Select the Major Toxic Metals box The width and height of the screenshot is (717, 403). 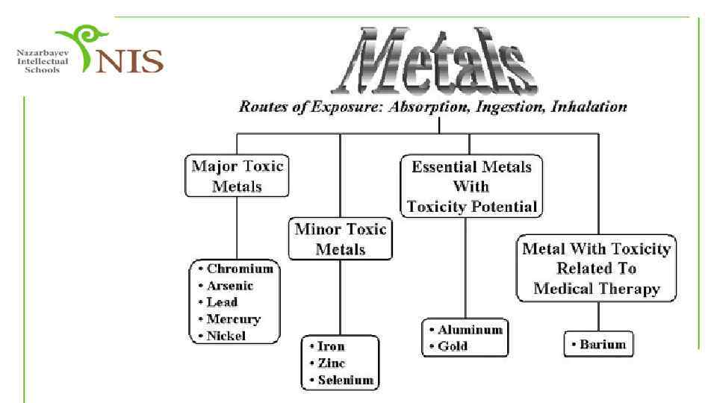pos(238,175)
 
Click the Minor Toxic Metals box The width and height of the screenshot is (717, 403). pos(341,239)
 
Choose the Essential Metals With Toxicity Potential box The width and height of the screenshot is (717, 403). pos(471,186)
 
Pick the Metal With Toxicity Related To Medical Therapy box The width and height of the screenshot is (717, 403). pos(596,268)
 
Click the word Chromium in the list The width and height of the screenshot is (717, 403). pos(240,269)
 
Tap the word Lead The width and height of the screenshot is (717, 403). pos(222,302)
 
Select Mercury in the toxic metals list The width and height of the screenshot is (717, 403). pos(234,319)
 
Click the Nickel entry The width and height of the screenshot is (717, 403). pos(226,336)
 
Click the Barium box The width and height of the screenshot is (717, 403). pos(598,345)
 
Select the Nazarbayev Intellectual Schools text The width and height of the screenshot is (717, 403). pos(43,60)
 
